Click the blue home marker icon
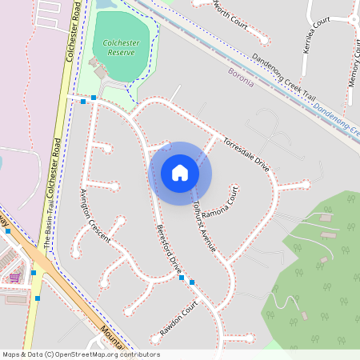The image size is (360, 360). point(180,173)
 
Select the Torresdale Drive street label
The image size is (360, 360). point(246,149)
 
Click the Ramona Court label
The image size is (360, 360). point(221,203)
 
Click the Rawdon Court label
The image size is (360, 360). point(178,318)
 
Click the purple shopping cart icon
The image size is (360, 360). point(14,278)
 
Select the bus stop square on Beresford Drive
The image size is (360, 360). point(192,282)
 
